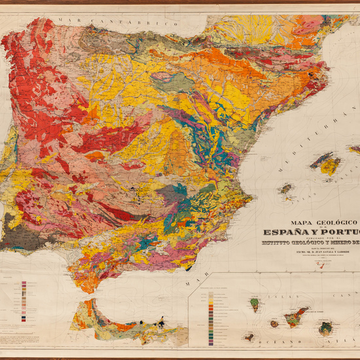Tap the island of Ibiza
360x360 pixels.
coord(285,189)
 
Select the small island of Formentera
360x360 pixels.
coord(289,198)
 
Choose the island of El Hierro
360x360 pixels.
coord(249,337)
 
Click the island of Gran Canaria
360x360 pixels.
coord(325,328)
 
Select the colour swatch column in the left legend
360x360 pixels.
coord(24,300)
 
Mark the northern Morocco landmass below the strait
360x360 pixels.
coord(124,321)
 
